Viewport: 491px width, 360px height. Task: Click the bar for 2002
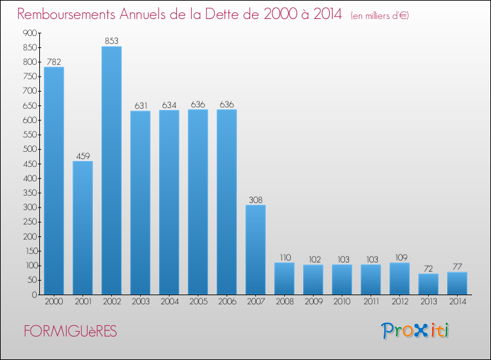tap(111, 170)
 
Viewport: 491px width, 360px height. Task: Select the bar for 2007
tap(255, 249)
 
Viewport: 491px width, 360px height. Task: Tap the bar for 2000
tap(54, 181)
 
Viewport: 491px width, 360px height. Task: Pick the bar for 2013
tap(428, 284)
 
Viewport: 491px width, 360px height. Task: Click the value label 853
tap(111, 41)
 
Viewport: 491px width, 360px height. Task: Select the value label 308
tap(255, 200)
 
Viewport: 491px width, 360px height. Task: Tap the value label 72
tap(428, 268)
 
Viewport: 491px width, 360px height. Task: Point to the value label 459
tap(82, 156)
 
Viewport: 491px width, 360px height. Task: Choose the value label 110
tap(284, 257)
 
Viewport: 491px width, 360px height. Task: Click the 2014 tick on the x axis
tap(457, 302)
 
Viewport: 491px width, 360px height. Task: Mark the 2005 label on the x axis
tap(198, 302)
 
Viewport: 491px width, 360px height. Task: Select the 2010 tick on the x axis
tap(342, 302)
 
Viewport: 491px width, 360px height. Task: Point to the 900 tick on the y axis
tap(29, 33)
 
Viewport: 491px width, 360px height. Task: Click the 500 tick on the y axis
tap(29, 149)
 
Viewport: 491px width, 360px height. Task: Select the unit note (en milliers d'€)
tap(379, 15)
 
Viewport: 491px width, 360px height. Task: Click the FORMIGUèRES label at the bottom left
tap(71, 331)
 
